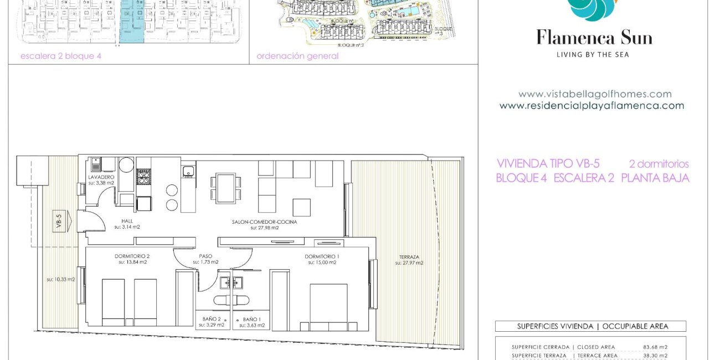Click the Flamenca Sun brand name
594,38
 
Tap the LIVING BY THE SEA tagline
593,54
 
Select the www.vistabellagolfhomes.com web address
594,94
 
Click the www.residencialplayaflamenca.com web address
591,105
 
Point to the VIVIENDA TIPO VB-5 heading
548,164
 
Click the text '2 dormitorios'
659,164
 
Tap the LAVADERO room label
101,177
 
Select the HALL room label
127,221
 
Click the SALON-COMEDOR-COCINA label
264,222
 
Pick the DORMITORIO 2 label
132,256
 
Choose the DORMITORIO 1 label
322,256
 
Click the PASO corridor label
205,256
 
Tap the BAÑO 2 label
212,320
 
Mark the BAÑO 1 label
251,320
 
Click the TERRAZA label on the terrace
409,257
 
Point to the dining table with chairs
225,188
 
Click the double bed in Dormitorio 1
328,305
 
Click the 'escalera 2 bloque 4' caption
61,56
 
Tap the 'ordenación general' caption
297,56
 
